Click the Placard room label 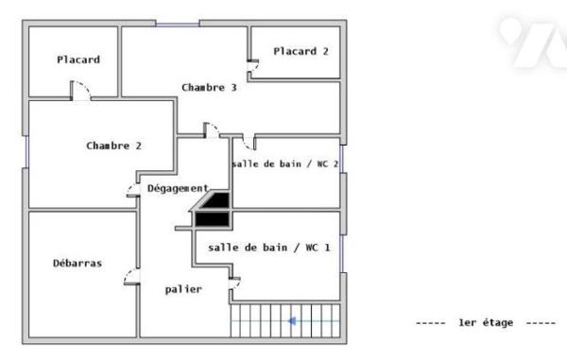(78, 60)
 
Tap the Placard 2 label (301, 51)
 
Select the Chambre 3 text (209, 88)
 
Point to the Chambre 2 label (114, 146)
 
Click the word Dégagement (178, 188)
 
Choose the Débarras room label (77, 263)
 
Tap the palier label (183, 289)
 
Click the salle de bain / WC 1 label (269, 248)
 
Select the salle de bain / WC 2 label (285, 164)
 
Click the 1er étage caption (486, 322)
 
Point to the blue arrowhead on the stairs (292, 321)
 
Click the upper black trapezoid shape (215, 200)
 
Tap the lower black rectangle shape (213, 219)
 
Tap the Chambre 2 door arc (131, 188)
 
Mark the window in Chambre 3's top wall (178, 25)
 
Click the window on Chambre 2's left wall (26, 152)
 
